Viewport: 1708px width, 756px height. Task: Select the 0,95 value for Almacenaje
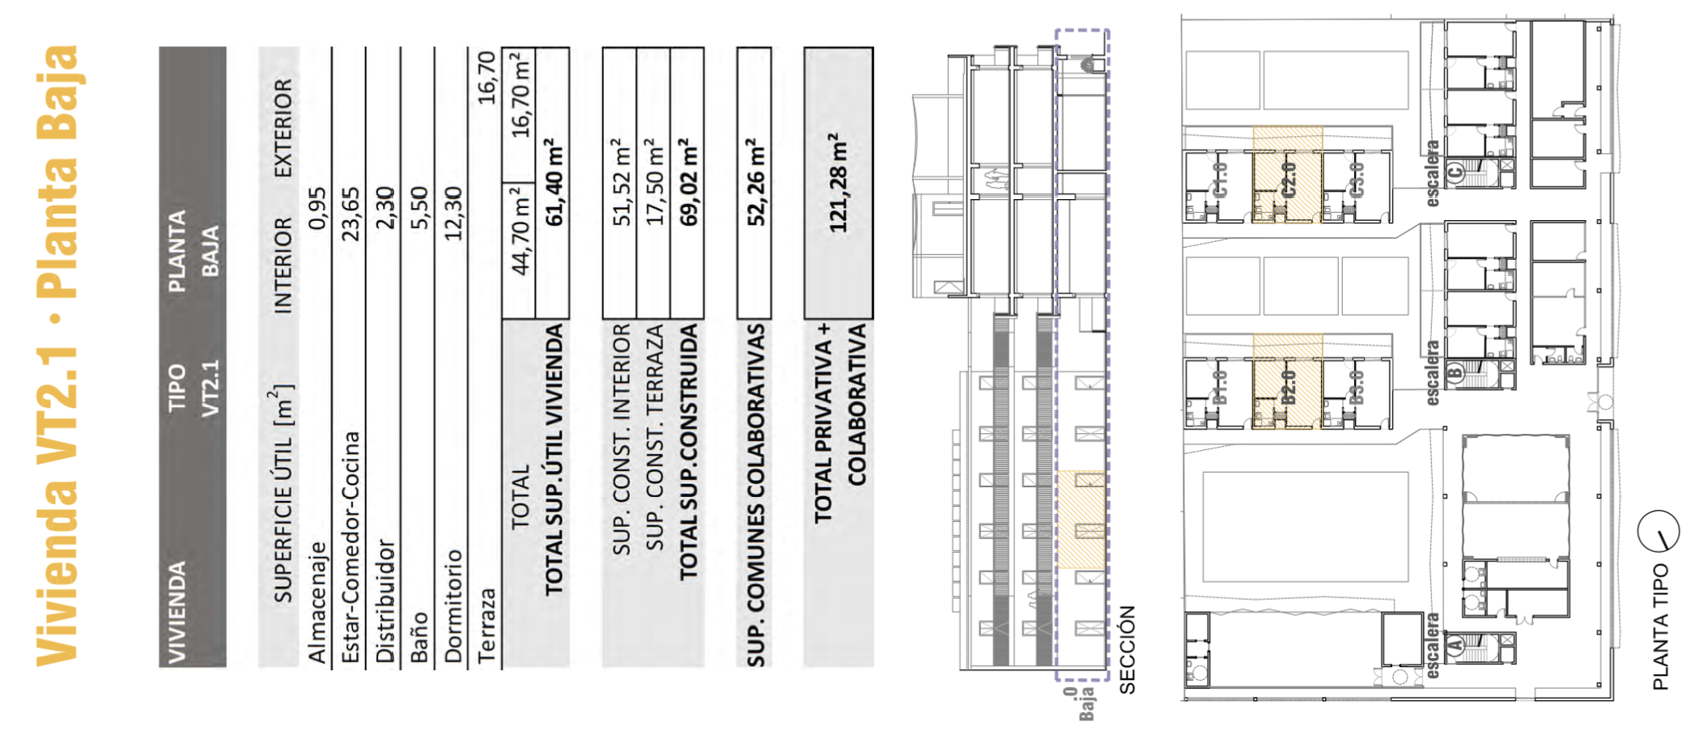[x=317, y=208]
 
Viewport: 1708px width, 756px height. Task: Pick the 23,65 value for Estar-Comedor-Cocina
[x=351, y=214]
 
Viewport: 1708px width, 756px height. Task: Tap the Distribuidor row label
[x=385, y=601]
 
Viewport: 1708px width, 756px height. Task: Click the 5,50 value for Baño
[x=419, y=208]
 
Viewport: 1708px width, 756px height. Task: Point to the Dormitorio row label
[x=453, y=605]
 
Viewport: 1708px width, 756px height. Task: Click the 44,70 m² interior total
[x=520, y=229]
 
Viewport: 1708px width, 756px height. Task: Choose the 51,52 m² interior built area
[x=621, y=182]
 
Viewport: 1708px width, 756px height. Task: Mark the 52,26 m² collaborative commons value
[x=755, y=182]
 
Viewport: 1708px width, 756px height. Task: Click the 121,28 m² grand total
[x=839, y=182]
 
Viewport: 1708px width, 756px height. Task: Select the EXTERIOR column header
[x=283, y=128]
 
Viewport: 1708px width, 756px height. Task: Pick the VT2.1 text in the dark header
[x=210, y=389]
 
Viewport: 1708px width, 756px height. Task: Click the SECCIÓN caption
[x=1128, y=650]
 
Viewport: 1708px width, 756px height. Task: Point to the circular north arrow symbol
[x=1659, y=532]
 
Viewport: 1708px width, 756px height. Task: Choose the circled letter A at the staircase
[x=1455, y=645]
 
